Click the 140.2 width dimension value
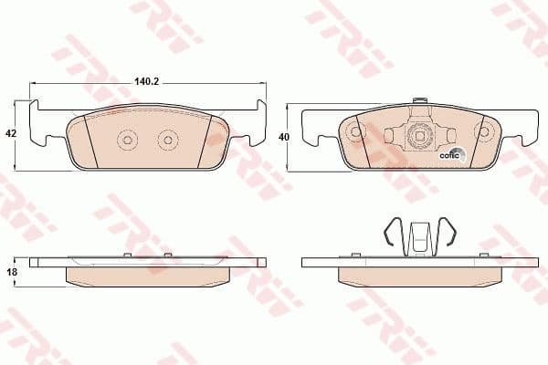click(x=147, y=81)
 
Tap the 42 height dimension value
click(x=12, y=133)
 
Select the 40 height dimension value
click(x=283, y=137)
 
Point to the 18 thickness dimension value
click(x=12, y=272)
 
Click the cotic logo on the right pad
click(x=453, y=153)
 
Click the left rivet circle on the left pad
click(x=126, y=140)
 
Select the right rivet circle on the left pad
click(x=167, y=140)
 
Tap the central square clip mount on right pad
click(x=419, y=138)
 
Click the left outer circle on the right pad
click(x=354, y=131)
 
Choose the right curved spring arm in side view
click(x=448, y=235)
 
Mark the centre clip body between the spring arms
click(x=419, y=239)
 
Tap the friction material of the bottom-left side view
click(x=146, y=276)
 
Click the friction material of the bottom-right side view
click(x=419, y=276)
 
